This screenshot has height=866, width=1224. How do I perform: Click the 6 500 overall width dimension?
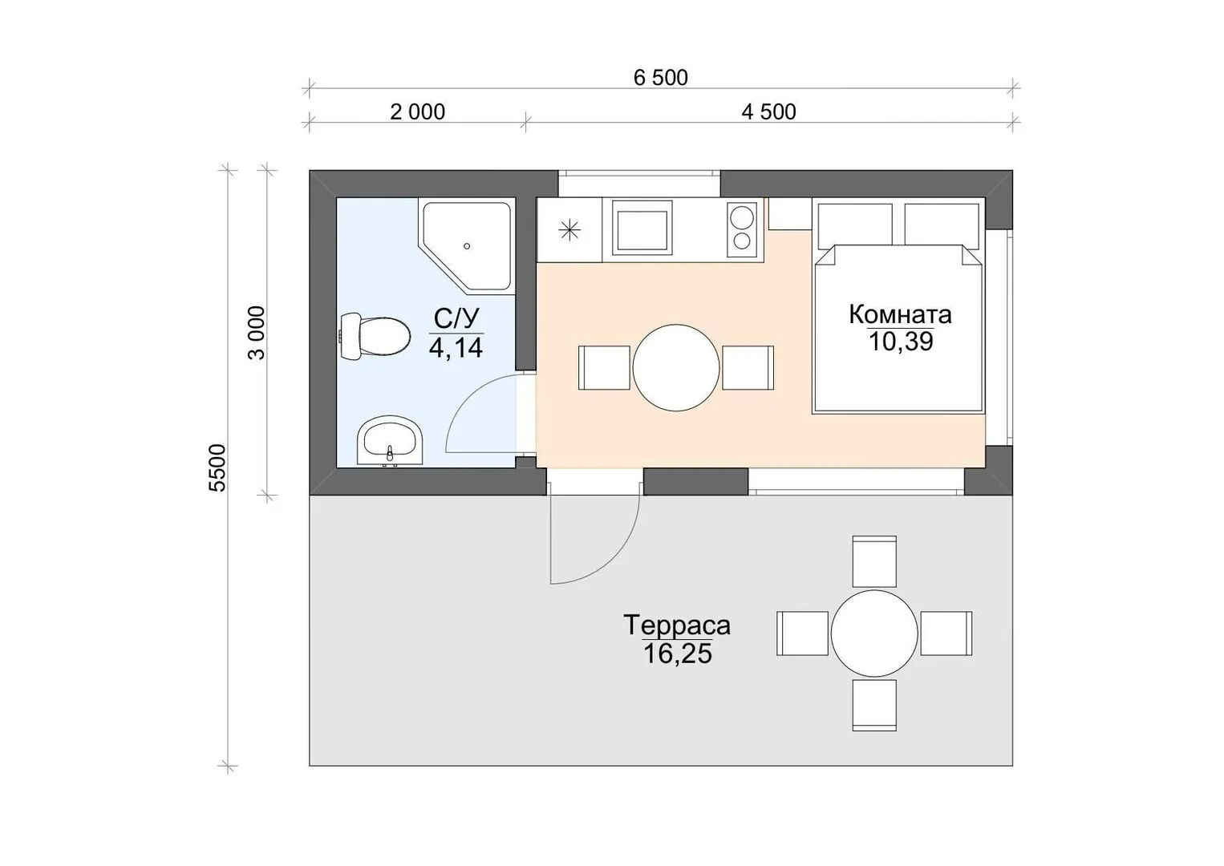660,78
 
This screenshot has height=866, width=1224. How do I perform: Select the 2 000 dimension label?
417,112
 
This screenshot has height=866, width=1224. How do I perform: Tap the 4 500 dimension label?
768,112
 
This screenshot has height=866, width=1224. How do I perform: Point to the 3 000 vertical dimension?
257,332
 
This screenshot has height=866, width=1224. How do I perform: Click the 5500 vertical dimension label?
217,467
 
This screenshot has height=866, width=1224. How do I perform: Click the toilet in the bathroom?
375,335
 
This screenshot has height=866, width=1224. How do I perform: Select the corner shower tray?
466,246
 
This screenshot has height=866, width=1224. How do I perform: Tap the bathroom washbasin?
390,440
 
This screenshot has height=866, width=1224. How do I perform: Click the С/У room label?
456,318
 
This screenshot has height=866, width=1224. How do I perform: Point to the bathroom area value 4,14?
456,347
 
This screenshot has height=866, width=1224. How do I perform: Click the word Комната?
901,314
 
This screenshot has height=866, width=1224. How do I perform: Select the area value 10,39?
901,342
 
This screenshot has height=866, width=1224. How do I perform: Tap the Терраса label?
677,625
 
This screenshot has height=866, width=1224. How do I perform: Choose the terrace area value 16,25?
678,654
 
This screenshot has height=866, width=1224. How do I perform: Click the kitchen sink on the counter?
642,227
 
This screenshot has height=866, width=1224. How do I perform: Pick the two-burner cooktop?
742,229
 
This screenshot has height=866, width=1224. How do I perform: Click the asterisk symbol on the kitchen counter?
569,230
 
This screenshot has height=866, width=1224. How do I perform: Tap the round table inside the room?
676,368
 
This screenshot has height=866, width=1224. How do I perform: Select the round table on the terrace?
874,633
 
